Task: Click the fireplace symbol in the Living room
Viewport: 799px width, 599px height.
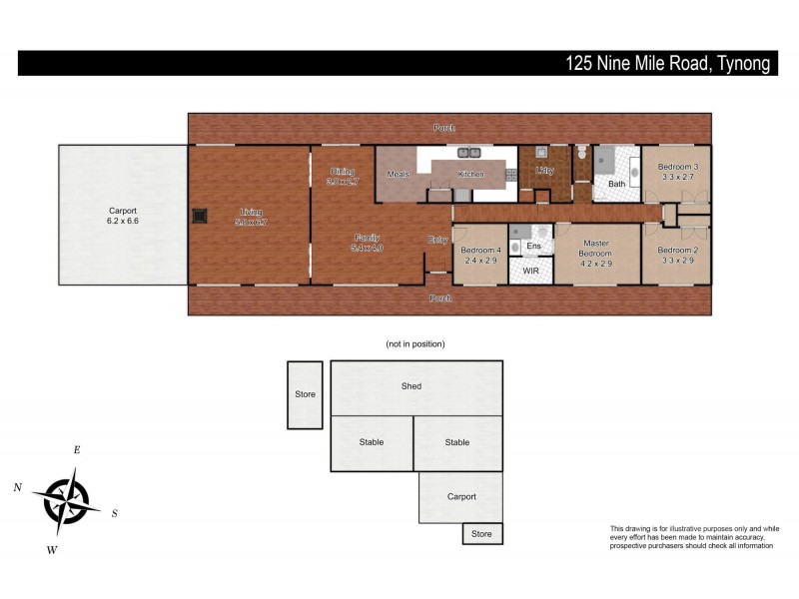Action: point(200,214)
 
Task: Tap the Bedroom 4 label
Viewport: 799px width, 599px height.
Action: point(479,250)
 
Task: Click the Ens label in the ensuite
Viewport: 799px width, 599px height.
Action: point(533,246)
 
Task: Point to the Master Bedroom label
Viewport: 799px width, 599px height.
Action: point(596,249)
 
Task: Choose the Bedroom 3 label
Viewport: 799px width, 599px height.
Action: point(677,166)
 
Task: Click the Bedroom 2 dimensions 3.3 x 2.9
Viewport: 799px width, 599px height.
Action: point(677,261)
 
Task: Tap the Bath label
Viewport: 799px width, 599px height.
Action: point(616,184)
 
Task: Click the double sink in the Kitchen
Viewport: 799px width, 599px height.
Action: point(469,153)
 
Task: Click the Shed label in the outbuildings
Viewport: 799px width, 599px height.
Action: point(410,386)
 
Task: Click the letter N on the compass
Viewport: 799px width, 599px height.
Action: point(18,487)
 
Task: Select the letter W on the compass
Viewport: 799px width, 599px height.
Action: point(52,550)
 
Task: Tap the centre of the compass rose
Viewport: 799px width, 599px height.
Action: point(66,499)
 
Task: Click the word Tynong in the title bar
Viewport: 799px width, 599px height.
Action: point(741,64)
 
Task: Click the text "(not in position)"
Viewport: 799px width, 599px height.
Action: point(414,343)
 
